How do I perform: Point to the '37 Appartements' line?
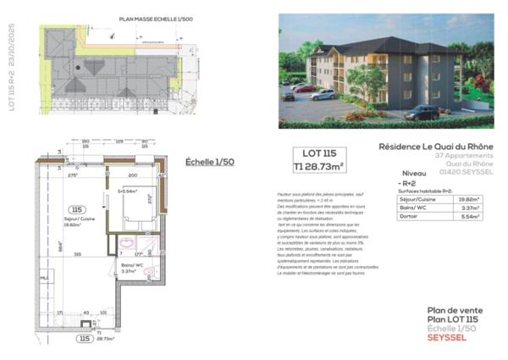(464, 156)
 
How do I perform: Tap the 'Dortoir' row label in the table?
(408, 218)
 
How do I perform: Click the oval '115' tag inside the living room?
(78, 208)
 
